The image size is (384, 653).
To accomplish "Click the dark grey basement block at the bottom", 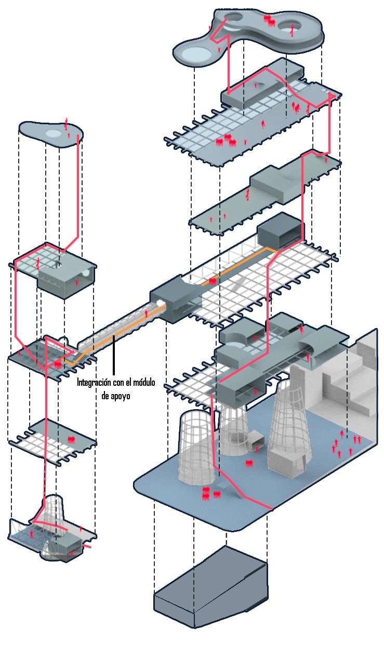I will (210, 587).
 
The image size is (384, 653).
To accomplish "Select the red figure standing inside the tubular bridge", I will (147, 314).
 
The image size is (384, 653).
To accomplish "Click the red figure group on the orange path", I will (212, 281).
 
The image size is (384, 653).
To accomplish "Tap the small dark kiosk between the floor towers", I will (256, 440).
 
